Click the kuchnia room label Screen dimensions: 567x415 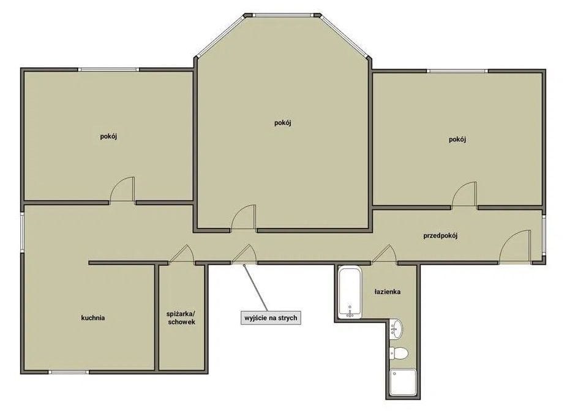(93, 318)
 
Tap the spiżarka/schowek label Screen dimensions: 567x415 (181, 317)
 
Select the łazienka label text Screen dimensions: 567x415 (387, 292)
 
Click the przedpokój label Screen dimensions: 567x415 (440, 237)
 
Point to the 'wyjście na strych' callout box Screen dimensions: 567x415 (271, 318)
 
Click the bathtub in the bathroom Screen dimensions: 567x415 (350, 293)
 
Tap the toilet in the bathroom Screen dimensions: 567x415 (398, 353)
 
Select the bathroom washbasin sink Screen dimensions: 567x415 (396, 329)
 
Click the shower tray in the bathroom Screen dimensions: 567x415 (403, 382)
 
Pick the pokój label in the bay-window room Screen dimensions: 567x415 (283, 123)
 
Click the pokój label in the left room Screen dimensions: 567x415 (108, 137)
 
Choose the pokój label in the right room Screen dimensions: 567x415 (457, 139)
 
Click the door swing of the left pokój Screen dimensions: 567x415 (122, 189)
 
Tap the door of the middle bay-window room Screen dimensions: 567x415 (244, 217)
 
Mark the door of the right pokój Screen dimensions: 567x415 (464, 194)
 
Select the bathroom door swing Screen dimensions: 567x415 (385, 253)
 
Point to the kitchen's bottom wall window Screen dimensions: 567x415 (69, 372)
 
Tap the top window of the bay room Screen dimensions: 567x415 (282, 15)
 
